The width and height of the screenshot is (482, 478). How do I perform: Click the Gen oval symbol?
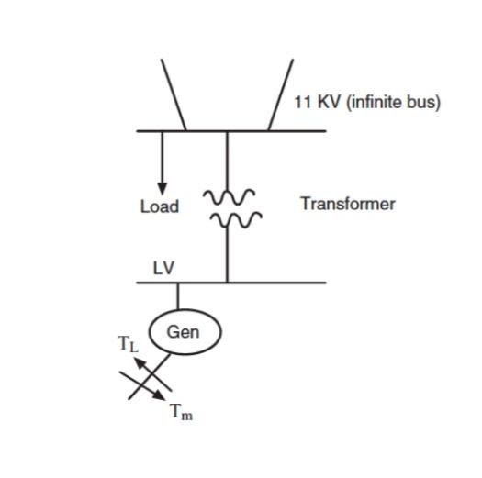185,332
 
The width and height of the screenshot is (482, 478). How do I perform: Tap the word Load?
159,206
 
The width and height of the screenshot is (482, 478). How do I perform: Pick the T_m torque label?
181,412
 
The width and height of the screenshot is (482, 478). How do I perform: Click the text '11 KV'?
314,102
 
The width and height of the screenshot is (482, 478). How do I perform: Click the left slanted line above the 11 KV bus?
174,94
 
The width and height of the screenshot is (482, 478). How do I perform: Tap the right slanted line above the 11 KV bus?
280,94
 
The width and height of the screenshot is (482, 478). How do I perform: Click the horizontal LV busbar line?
275,283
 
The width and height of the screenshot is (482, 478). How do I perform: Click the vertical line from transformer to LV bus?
227,257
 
